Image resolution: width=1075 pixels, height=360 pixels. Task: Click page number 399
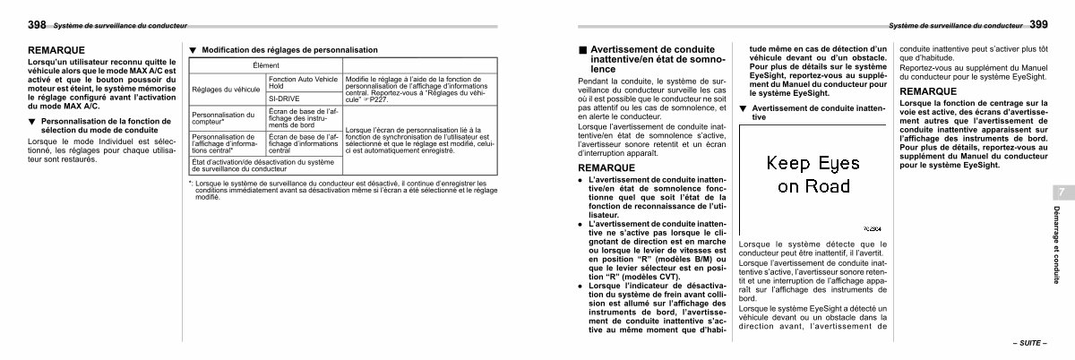coord(1039,25)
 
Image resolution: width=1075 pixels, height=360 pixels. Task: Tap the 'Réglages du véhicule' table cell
coord(224,90)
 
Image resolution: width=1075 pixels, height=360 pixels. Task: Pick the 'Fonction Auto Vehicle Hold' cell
coord(303,82)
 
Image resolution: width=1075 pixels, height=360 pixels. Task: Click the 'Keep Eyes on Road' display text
coord(813,175)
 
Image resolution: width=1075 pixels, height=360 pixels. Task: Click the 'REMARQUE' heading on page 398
coord(56,49)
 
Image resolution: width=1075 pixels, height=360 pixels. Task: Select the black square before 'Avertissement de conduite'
coord(582,49)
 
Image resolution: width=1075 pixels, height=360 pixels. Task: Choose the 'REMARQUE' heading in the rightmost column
coord(926,90)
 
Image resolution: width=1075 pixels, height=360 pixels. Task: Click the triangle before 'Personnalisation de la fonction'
coord(33,119)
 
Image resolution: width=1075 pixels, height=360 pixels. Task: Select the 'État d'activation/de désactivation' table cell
coord(262,165)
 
